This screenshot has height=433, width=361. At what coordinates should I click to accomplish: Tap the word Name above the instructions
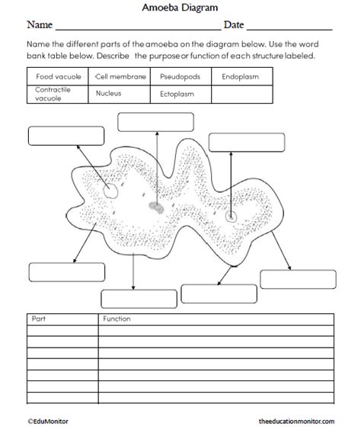40,27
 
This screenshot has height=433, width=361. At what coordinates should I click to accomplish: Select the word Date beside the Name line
234,27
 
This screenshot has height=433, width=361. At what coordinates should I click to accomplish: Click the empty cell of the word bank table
243,94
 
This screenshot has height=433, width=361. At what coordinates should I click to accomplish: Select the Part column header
40,319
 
